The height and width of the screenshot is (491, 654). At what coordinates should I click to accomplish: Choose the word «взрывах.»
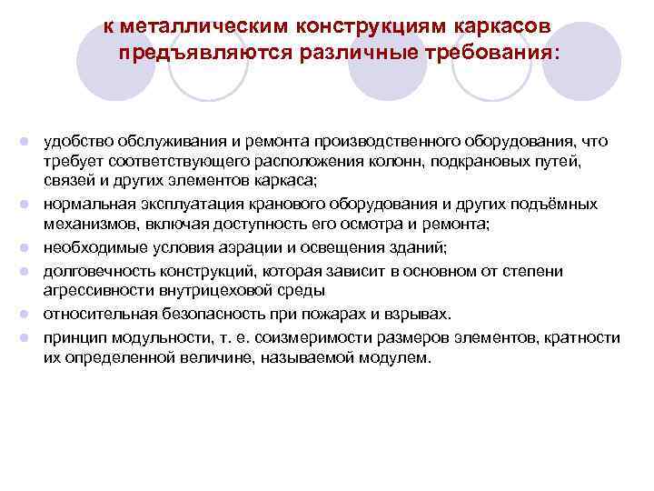pos(420,315)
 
